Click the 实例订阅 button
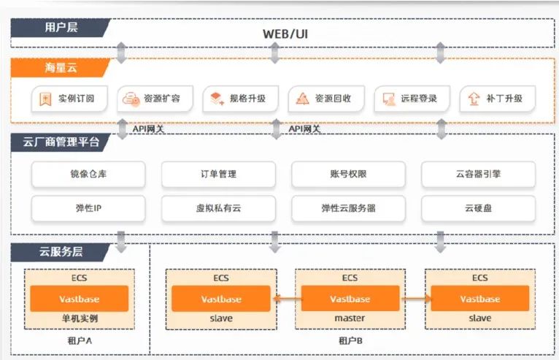point(71,98)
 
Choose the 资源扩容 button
point(155,98)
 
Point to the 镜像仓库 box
point(88,175)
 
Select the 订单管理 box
point(218,175)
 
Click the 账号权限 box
point(348,175)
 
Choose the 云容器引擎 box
point(479,175)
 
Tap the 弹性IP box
point(88,208)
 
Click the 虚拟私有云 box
point(218,208)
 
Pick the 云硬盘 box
point(479,208)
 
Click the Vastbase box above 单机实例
point(79,299)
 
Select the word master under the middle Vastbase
point(350,318)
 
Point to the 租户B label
point(350,340)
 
